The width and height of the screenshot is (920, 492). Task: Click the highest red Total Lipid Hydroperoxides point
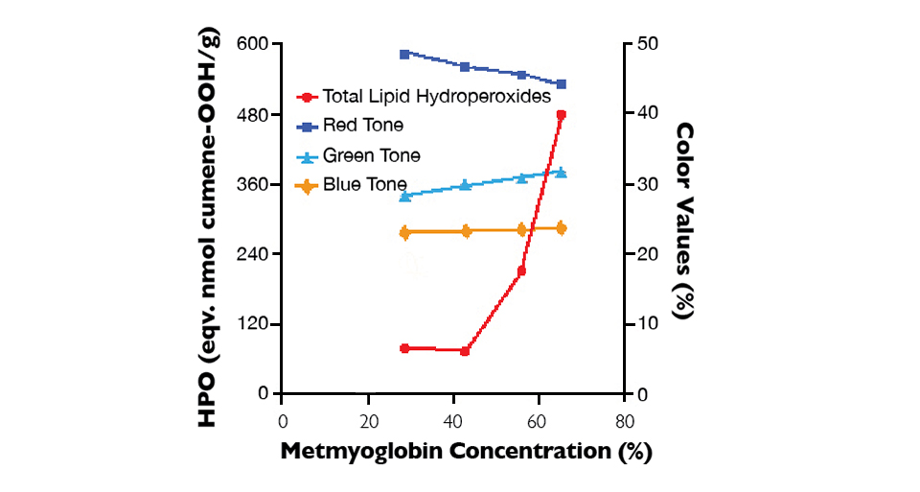(x=561, y=115)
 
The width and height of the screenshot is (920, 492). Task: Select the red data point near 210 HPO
(x=521, y=271)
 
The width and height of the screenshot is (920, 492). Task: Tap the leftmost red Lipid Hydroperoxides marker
(x=404, y=348)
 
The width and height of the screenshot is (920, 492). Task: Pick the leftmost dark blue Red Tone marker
(x=404, y=55)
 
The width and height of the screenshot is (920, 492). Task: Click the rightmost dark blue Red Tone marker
(x=561, y=84)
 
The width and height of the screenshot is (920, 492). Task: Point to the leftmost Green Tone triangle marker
(x=404, y=196)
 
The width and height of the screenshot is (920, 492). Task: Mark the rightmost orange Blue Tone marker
(x=561, y=228)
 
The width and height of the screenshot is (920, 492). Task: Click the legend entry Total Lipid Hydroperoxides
(x=436, y=96)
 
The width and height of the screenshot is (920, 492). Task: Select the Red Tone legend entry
(x=363, y=125)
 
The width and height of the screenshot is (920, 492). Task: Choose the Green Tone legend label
(x=371, y=155)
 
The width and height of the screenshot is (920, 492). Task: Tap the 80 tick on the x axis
(x=624, y=422)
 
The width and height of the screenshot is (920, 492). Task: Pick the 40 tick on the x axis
(x=453, y=422)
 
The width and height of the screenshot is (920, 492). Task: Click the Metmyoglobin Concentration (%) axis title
(x=466, y=452)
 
